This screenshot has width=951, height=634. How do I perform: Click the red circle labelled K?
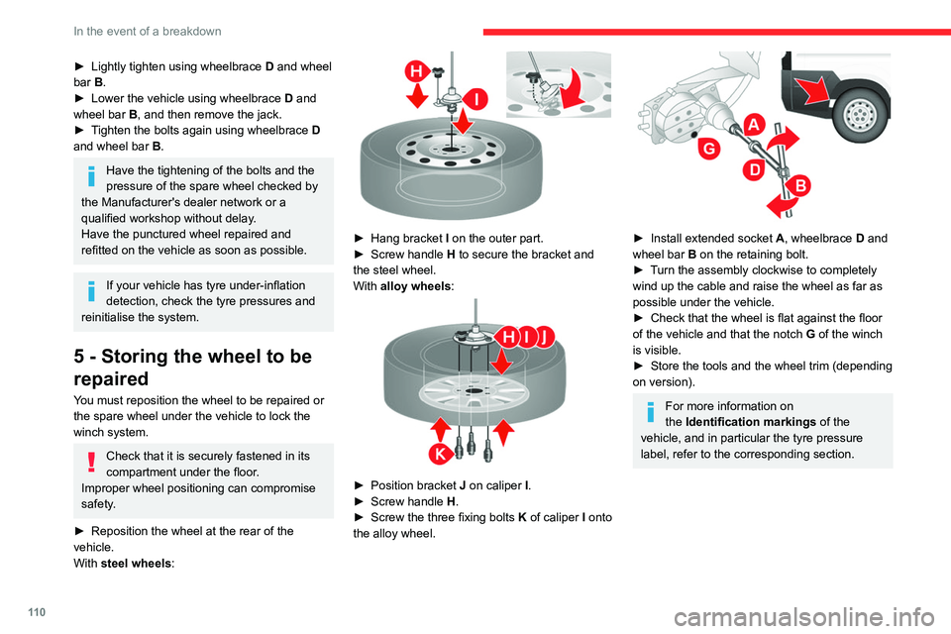click(x=440, y=453)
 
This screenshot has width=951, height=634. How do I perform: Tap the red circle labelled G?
click(x=709, y=148)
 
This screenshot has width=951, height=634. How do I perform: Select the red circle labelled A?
click(x=753, y=125)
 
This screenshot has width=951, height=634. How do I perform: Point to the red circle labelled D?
click(x=755, y=169)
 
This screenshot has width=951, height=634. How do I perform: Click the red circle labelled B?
click(x=800, y=185)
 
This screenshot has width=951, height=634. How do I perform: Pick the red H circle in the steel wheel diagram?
click(x=417, y=71)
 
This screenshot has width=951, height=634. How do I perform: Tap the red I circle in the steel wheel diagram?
click(x=476, y=99)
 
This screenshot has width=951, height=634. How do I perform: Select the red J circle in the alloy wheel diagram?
click(x=545, y=336)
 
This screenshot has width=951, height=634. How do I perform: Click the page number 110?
click(x=37, y=612)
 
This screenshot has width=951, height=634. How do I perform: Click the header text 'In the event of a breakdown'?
click(x=148, y=31)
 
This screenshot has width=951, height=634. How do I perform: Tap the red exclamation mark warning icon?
click(x=91, y=462)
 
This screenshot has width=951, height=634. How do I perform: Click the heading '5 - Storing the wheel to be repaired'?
click(x=193, y=368)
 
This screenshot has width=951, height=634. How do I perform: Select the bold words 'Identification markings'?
click(x=750, y=422)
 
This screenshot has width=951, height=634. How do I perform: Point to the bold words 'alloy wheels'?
click(x=415, y=285)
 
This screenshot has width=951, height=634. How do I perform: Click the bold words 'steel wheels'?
click(x=136, y=563)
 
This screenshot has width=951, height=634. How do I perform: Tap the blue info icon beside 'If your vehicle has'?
click(x=91, y=291)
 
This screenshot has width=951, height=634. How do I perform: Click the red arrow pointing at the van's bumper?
click(x=812, y=91)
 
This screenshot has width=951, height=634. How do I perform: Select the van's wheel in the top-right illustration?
click(x=859, y=115)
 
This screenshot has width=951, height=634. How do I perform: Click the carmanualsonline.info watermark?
click(x=804, y=617)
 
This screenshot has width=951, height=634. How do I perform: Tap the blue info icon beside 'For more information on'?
click(x=650, y=412)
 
